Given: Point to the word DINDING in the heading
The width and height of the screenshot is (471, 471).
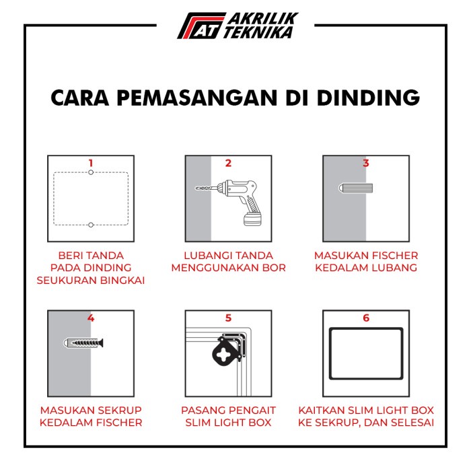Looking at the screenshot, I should click(367, 98).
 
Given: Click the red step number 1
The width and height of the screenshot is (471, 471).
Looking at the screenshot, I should click(91, 163).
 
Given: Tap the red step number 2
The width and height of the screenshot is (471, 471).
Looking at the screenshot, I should click(228, 163).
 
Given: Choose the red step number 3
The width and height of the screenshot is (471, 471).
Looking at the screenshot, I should click(366, 163).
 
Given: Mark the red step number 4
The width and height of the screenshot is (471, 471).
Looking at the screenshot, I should click(91, 318).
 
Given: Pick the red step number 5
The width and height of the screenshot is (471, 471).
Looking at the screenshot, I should click(228, 318).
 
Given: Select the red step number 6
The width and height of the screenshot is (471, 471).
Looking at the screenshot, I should click(366, 318).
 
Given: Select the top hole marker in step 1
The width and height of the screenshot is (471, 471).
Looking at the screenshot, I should click(91, 173).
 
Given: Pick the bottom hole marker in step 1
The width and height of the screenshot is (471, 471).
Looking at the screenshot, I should click(91, 225).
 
